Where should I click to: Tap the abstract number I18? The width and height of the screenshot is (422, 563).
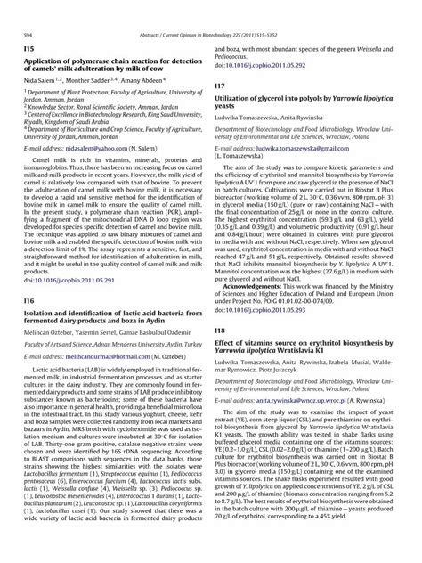[x=219, y=330]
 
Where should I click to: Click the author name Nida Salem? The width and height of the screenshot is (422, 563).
[x=44, y=80]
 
